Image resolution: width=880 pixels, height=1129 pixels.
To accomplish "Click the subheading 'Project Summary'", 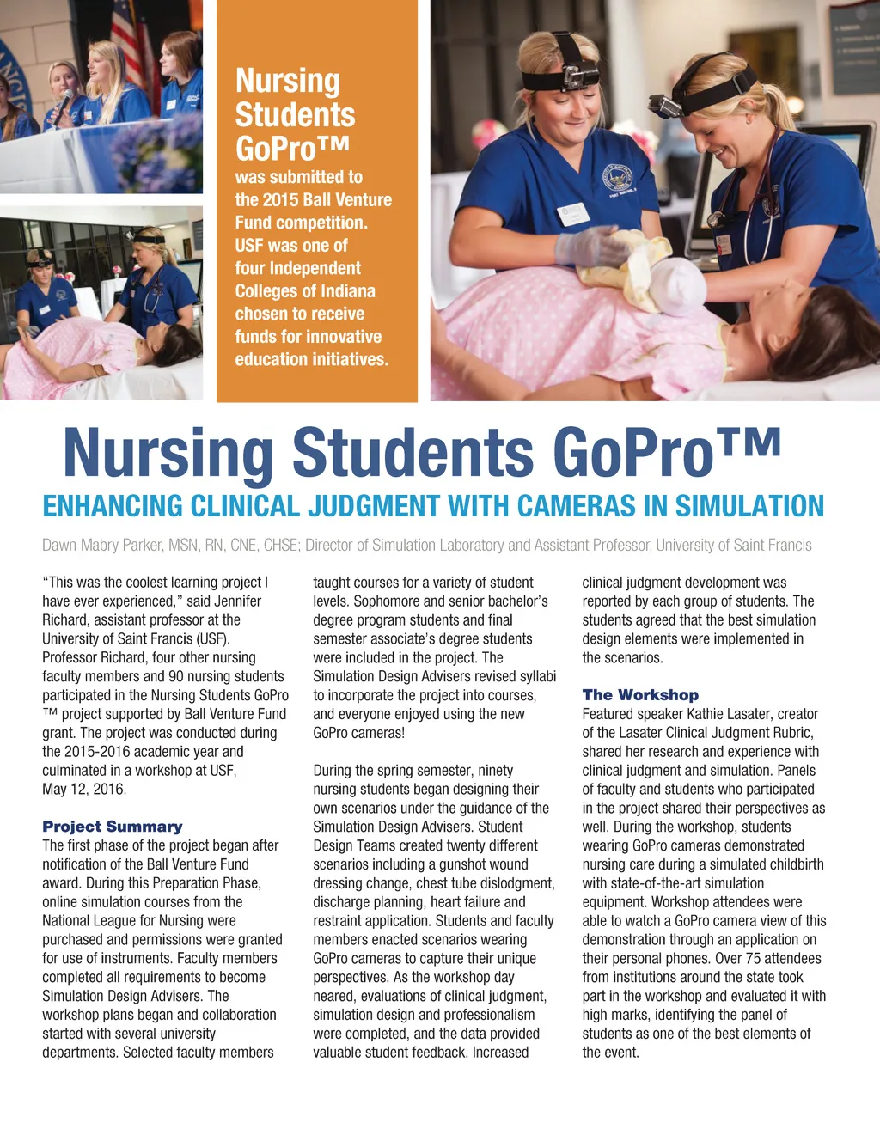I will click(113, 827).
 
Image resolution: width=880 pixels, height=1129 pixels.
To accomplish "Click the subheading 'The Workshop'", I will click(640, 695).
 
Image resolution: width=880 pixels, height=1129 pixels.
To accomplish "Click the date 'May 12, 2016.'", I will click(84, 789).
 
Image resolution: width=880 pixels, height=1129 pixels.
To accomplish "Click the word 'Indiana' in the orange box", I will click(346, 291).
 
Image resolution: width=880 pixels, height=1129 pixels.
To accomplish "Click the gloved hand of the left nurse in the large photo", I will click(590, 247).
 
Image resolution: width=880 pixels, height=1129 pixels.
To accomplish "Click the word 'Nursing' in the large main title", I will click(168, 452).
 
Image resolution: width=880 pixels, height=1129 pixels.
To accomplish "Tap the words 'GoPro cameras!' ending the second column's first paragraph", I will click(358, 733).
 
